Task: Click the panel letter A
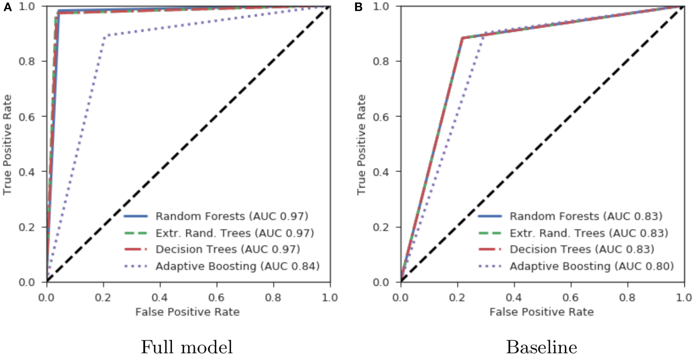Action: pyautogui.click(x=7, y=7)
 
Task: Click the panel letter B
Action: pyautogui.click(x=358, y=7)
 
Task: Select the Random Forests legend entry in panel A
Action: pyautogui.click(x=232, y=216)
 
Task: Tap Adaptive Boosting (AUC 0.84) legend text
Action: pyautogui.click(x=237, y=266)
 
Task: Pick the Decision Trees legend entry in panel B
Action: pyautogui.click(x=582, y=249)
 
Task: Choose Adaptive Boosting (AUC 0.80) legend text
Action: pyautogui.click(x=592, y=266)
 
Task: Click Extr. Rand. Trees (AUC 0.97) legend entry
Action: pyautogui.click(x=235, y=233)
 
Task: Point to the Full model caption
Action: pyautogui.click(x=186, y=347)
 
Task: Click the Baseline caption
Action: pyautogui.click(x=541, y=347)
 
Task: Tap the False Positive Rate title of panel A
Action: pyautogui.click(x=187, y=312)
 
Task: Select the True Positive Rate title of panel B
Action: pyautogui.click(x=361, y=145)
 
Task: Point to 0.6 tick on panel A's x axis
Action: pyautogui.click(x=216, y=298)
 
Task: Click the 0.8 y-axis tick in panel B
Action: pyautogui.click(x=382, y=61)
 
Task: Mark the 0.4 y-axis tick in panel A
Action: pyautogui.click(x=27, y=172)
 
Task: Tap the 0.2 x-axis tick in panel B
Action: pyautogui.click(x=457, y=298)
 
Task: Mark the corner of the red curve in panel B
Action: pyautogui.click(x=462, y=38)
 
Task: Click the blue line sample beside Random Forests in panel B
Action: pyautogui.click(x=490, y=216)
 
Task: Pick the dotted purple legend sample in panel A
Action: pyautogui.click(x=136, y=266)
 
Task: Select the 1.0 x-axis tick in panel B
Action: pyautogui.click(x=684, y=298)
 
